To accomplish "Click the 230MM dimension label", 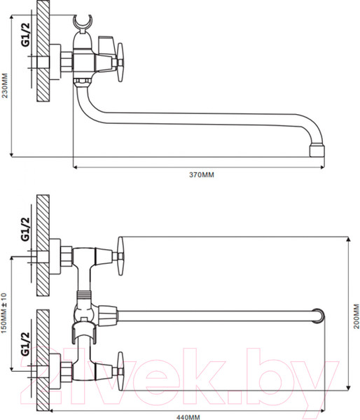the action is (5, 85).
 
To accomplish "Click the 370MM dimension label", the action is (202, 175).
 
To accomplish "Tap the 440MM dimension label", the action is (188, 417).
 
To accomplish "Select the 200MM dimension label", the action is (356, 316).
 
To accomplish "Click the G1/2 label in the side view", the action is (26, 35).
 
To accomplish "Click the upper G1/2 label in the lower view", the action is (25, 229).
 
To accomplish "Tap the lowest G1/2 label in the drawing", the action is (25, 344).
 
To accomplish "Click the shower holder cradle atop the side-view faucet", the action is (83, 24).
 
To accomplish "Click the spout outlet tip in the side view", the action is (317, 151).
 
